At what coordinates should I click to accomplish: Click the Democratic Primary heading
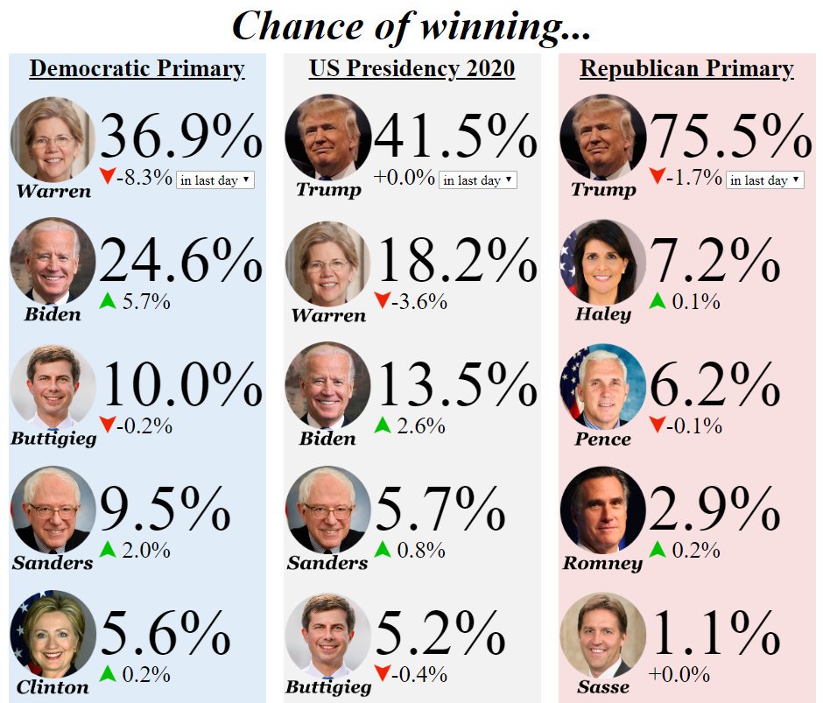[137, 69]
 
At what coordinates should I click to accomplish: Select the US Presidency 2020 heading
[411, 69]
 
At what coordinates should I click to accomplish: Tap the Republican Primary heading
[686, 69]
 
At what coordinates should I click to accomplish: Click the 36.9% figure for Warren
[181, 137]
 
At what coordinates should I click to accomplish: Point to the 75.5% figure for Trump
[731, 137]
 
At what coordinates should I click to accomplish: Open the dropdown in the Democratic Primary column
[215, 180]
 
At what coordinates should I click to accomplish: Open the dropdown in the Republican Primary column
[764, 180]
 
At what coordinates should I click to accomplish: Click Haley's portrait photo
[602, 261]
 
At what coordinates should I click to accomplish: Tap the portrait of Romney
[602, 510]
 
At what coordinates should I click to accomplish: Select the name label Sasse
[603, 687]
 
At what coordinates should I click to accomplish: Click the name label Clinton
[53, 687]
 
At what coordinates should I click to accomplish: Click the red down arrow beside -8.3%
[108, 178]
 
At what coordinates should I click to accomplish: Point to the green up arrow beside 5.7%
[108, 302]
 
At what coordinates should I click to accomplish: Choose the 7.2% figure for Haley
[714, 261]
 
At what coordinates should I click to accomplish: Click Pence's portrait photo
[602, 385]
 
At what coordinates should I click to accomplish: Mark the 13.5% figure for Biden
[455, 385]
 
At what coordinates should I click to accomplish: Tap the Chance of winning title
[411, 25]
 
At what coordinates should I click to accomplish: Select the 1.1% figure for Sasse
[714, 634]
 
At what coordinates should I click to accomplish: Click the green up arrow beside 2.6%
[383, 426]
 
